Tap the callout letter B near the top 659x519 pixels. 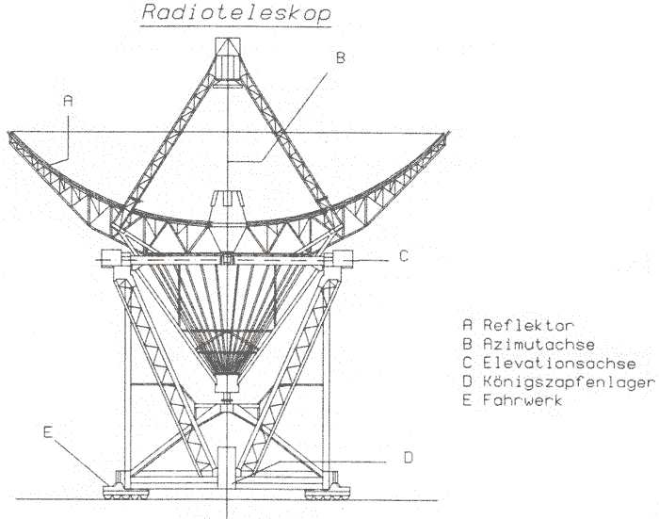(x=341, y=57)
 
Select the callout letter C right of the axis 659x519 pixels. (x=403, y=256)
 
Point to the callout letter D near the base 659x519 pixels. (x=409, y=458)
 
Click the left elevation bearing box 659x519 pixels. (x=108, y=257)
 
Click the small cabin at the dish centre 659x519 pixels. (x=226, y=203)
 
